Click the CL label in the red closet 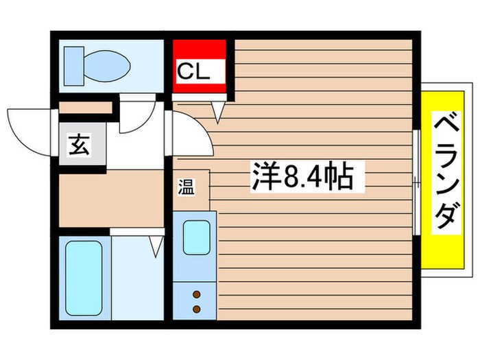tap(199, 70)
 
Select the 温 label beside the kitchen tap(186, 187)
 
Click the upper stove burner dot tap(196, 294)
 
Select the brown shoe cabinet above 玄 tap(85, 108)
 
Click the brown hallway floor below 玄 tap(110, 199)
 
